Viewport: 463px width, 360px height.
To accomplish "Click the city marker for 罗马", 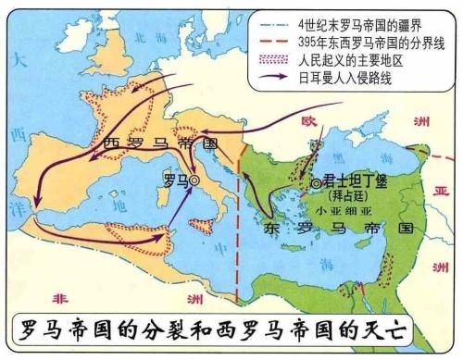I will (x=195, y=182).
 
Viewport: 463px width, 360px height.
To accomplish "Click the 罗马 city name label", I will (x=176, y=180).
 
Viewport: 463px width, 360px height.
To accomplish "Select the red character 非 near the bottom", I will (x=61, y=298).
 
